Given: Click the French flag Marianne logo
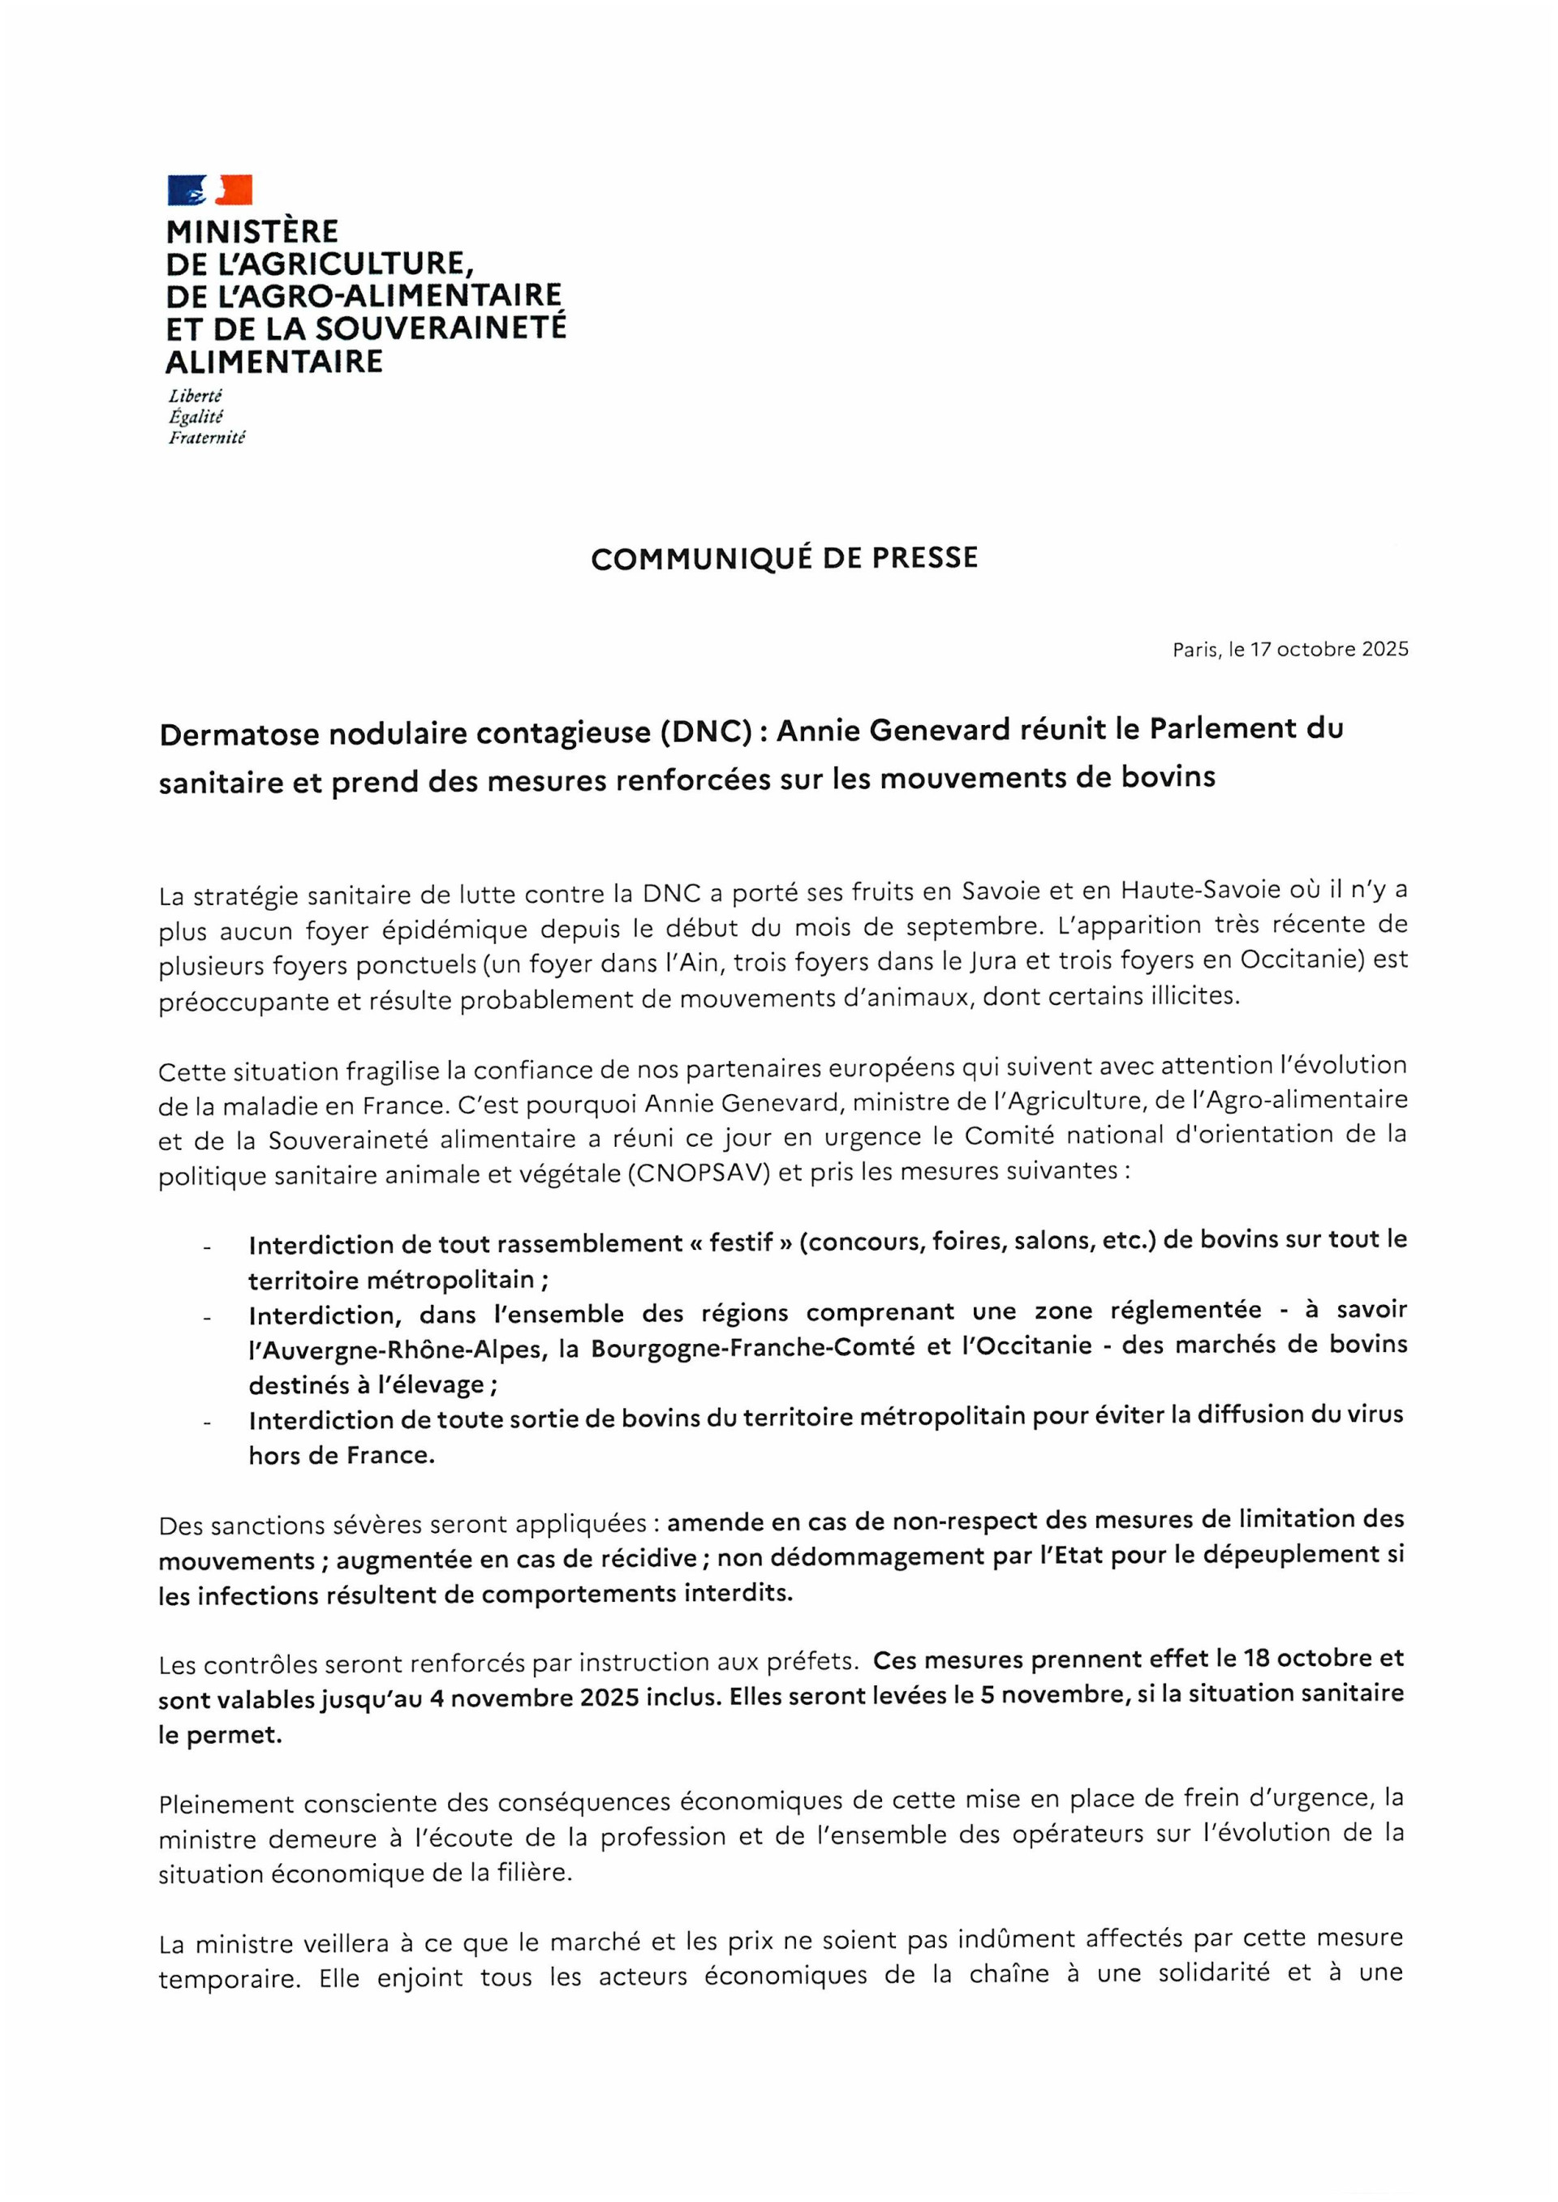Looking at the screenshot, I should coord(209,190).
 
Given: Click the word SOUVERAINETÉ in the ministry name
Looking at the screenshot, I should coord(441,329).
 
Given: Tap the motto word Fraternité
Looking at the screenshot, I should coord(206,438).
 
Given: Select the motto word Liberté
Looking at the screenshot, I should coord(195,396).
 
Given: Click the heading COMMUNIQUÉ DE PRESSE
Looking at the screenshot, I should coord(784,558).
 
